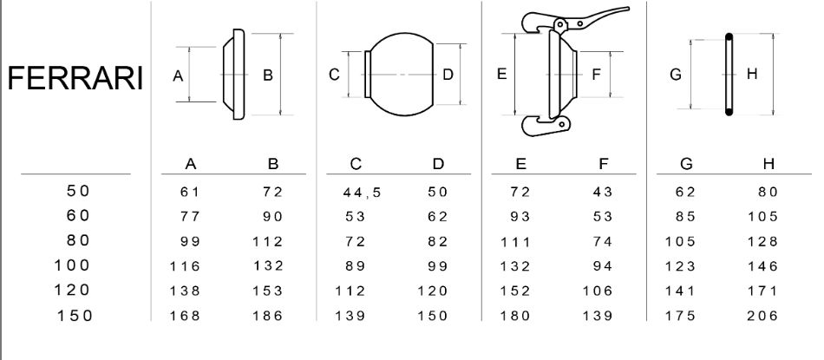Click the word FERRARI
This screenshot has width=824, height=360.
click(75, 78)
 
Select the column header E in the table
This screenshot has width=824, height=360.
click(520, 164)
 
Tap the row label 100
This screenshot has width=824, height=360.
click(73, 265)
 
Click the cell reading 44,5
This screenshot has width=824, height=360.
click(362, 193)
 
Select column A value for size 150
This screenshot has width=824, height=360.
click(185, 316)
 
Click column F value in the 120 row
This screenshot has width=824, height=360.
click(598, 291)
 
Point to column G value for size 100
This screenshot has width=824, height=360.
click(680, 266)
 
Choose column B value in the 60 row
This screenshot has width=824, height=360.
click(272, 217)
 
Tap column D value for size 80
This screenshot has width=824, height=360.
click(437, 241)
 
